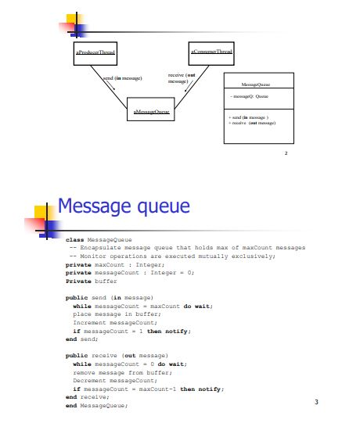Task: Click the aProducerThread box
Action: [x=95, y=52]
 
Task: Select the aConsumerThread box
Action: [x=211, y=52]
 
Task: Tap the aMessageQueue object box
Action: [x=151, y=113]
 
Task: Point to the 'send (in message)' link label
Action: [x=122, y=78]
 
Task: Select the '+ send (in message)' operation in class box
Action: [x=247, y=117]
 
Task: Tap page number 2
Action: [x=286, y=154]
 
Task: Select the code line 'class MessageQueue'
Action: [x=99, y=240]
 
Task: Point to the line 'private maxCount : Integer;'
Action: [x=114, y=265]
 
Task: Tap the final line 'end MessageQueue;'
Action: [x=96, y=405]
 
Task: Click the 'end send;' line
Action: [x=83, y=339]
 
